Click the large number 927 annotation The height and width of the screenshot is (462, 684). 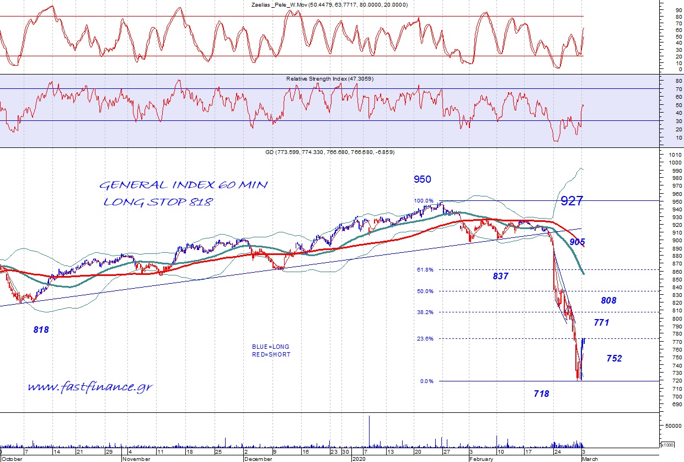tap(571, 201)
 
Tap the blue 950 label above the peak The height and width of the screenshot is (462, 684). tap(422, 179)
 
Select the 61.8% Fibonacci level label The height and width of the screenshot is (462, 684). tap(426, 270)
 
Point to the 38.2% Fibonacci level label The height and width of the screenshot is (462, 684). tap(426, 312)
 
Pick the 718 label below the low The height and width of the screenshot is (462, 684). tap(541, 394)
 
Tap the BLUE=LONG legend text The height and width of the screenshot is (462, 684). tap(270, 347)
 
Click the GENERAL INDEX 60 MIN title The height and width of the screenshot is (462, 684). tap(183, 185)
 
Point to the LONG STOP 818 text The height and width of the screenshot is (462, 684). tap(158, 202)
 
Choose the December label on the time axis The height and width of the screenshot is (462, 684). tap(258, 459)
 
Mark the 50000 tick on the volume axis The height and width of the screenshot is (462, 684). tap(673, 426)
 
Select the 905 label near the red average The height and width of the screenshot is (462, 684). tap(578, 242)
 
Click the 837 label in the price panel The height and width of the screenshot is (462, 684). tap(500, 276)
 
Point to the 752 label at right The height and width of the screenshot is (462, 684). tap(614, 359)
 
